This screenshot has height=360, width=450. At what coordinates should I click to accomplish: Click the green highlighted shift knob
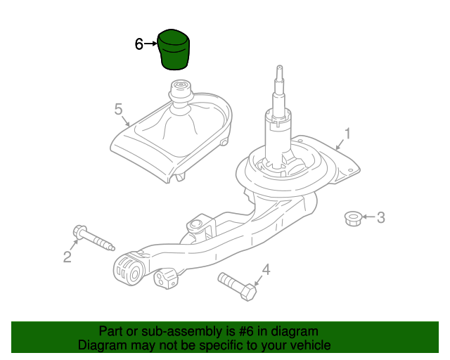coord(174,49)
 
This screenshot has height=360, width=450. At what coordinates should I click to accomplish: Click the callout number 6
coord(139,44)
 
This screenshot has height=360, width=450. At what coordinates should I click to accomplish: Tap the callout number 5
coord(118,110)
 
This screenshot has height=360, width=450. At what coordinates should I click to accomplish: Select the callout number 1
coord(347,134)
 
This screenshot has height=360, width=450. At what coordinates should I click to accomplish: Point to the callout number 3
coord(380,217)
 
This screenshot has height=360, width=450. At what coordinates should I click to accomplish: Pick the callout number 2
coord(67,257)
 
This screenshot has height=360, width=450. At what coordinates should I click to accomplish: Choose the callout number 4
coord(266,269)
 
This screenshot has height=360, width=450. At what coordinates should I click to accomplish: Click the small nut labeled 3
coord(353,219)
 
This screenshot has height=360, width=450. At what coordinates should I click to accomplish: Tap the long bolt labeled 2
coord(94,238)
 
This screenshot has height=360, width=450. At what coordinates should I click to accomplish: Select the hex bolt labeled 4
coord(237,286)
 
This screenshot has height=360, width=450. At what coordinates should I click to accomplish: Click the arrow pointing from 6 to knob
coord(150,44)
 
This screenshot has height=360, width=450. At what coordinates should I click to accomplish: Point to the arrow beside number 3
coord(368,217)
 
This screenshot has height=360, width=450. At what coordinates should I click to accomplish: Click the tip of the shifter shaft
coord(280,67)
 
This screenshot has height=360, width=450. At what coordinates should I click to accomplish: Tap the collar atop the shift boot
coord(181,90)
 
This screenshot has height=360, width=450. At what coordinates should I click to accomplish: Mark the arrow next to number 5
coord(126,121)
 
